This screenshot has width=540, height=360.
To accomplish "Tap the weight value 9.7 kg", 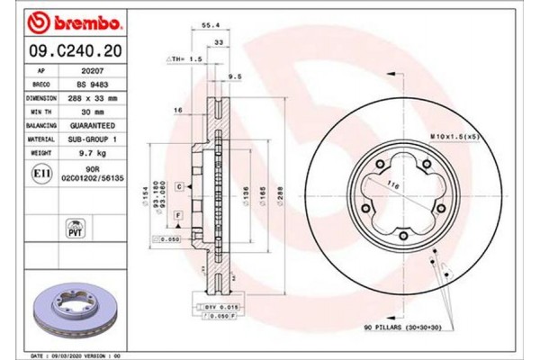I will (x=85, y=153).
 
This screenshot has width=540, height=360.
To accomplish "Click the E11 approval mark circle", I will (x=41, y=172).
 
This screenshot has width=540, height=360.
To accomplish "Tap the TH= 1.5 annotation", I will (x=185, y=58).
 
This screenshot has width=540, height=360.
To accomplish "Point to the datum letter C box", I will (x=180, y=185).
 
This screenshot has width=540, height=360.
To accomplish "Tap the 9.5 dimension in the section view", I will (x=235, y=76).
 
